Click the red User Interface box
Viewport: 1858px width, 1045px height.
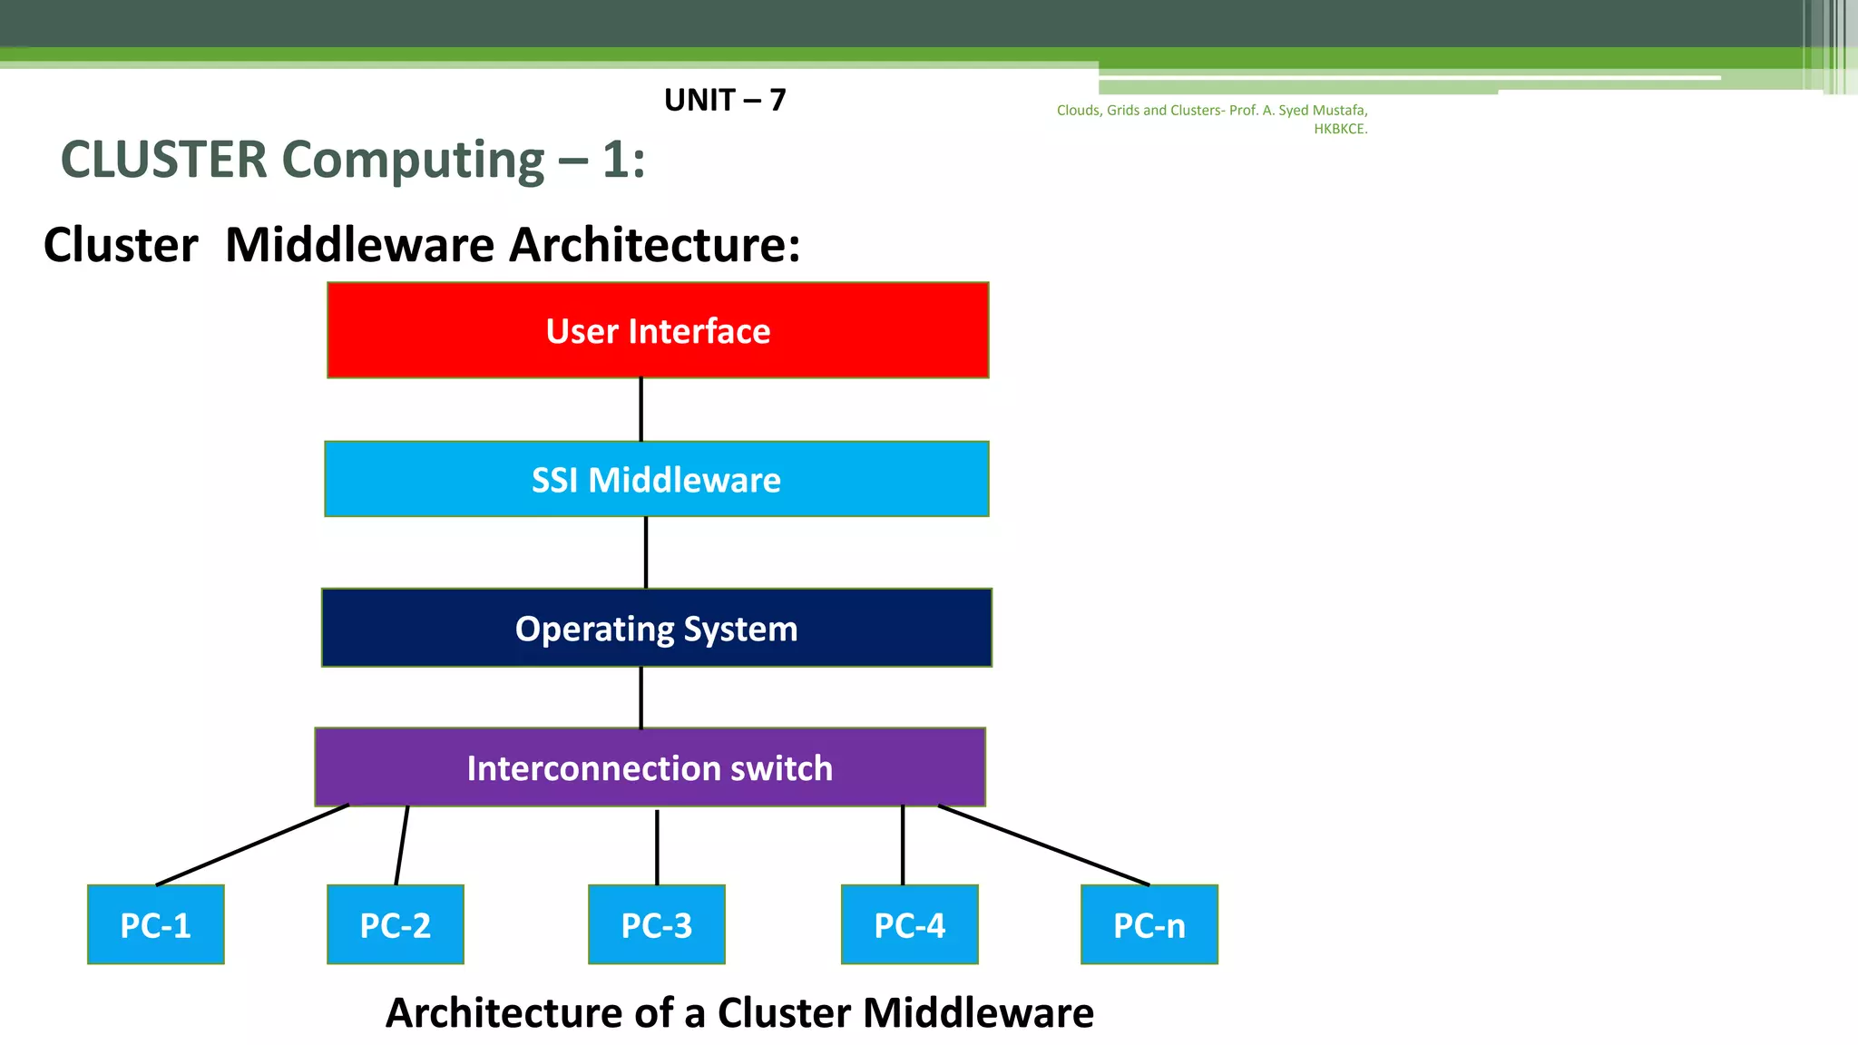click(658, 330)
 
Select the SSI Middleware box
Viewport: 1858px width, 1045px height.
click(656, 479)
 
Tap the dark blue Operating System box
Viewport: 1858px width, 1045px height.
click(656, 628)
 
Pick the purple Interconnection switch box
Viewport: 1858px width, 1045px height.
click(650, 767)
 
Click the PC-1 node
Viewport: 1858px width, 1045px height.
click(155, 924)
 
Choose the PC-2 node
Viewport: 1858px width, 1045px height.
click(395, 924)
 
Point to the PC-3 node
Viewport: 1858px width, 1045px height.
click(656, 924)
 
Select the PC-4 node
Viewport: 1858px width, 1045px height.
click(909, 924)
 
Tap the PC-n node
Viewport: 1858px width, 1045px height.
click(1149, 924)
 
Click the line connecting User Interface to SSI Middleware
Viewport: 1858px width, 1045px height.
click(641, 409)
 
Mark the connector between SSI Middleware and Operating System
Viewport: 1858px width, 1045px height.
click(646, 552)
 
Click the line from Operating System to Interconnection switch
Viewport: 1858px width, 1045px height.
click(641, 697)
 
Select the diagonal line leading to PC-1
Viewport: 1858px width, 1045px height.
click(252, 845)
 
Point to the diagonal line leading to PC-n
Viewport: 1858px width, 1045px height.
click(1043, 845)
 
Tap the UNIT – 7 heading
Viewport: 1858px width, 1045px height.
click(725, 100)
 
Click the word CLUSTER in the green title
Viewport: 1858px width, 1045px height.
click(164, 160)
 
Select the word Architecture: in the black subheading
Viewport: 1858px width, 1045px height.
click(654, 245)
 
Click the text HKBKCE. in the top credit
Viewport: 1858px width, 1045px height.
click(1340, 129)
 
